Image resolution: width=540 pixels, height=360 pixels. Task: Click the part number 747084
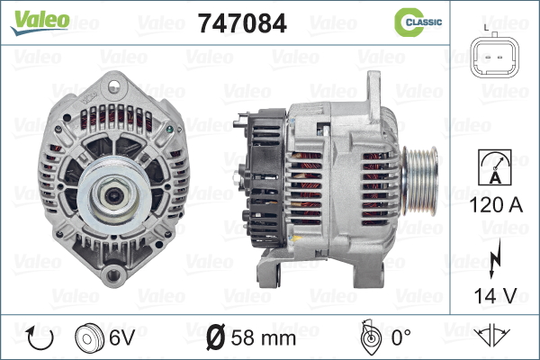(242, 23)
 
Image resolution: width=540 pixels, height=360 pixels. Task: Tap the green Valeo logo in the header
(40, 22)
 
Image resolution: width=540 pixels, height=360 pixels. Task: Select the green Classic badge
(418, 22)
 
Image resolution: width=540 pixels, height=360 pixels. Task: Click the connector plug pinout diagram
(495, 55)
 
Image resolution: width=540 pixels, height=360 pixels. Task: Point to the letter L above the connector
(486, 28)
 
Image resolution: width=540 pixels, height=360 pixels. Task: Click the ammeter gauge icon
(495, 167)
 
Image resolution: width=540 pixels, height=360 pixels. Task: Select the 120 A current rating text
(496, 205)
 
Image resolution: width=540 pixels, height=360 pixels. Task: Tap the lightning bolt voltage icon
(494, 258)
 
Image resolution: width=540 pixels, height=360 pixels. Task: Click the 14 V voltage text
(496, 295)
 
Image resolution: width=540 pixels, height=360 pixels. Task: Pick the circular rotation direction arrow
(40, 337)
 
